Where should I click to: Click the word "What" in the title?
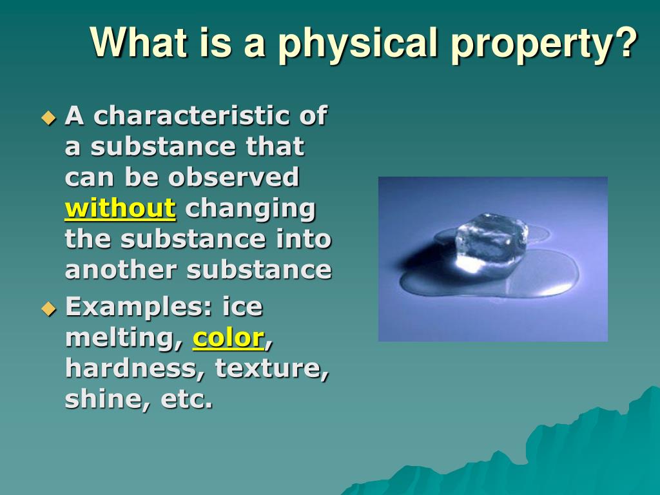(x=139, y=42)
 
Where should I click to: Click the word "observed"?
(x=233, y=177)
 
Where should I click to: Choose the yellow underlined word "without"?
(x=120, y=208)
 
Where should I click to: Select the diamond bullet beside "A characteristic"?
(x=49, y=117)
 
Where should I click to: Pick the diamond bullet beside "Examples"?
(x=49, y=309)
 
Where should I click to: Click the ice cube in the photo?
(x=491, y=242)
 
